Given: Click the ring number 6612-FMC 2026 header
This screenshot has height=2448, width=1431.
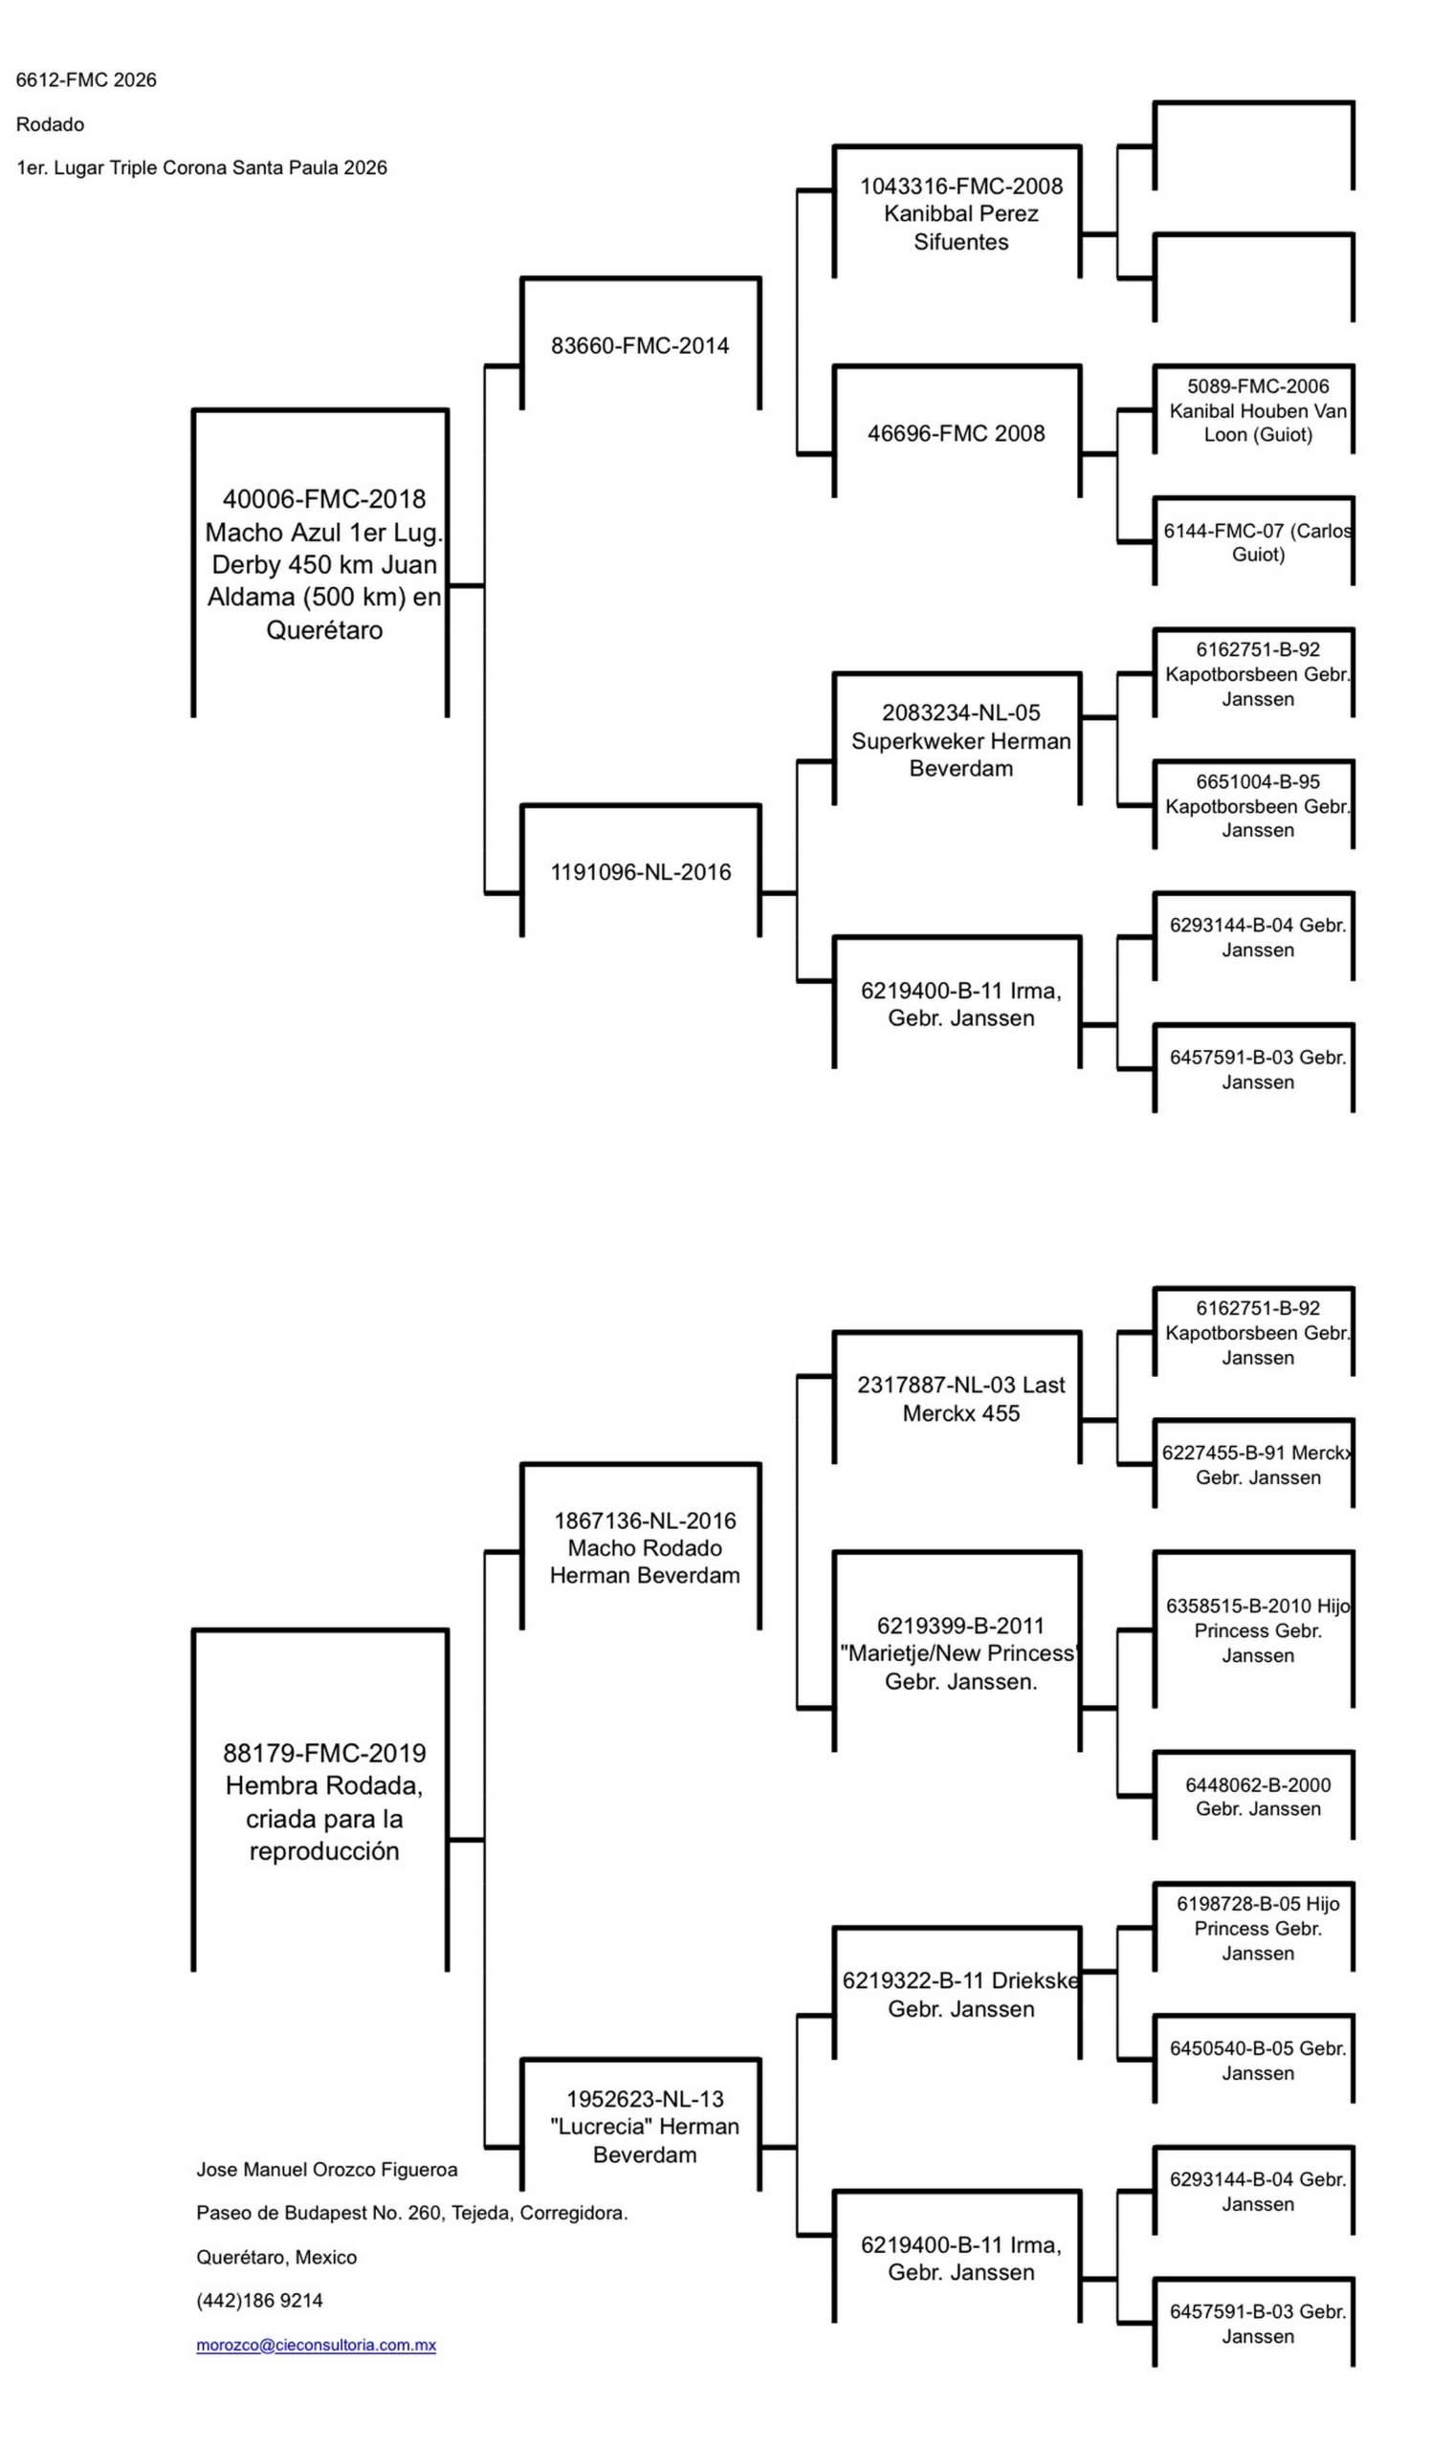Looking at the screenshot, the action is (85, 79).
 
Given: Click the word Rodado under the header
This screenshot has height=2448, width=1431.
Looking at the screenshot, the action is (50, 124).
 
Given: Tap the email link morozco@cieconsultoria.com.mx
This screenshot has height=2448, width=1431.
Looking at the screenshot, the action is (316, 2344).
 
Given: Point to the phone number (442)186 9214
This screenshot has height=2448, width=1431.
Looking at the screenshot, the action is (259, 2300).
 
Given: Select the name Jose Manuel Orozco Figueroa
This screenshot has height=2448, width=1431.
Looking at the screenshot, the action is (326, 2169).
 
